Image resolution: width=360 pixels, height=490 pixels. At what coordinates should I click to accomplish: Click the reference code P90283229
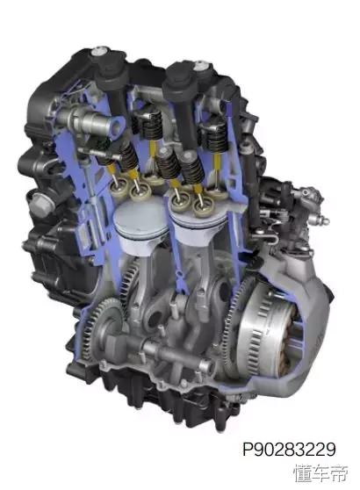pos(290,450)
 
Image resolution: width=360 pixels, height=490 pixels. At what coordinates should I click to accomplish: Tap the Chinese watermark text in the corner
pos(320,472)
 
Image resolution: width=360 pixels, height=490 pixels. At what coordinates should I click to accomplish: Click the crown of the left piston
pos(141,218)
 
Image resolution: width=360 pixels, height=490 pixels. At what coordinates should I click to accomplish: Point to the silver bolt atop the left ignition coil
pos(100,52)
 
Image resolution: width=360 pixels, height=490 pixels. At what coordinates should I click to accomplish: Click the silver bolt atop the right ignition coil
pos(200,67)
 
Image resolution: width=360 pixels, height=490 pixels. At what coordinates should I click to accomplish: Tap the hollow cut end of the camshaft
pos(117,125)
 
